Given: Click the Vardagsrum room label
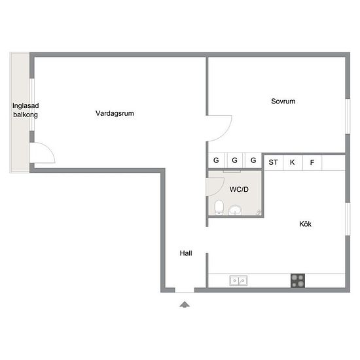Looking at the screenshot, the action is point(115,113).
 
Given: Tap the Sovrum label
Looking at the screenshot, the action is point(283,101).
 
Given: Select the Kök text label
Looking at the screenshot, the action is point(305,224).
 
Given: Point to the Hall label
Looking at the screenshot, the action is point(186,253).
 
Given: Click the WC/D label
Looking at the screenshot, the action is point(239,189).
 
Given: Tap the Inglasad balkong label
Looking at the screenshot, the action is point(26,110).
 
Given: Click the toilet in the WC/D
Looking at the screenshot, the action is point(219,207).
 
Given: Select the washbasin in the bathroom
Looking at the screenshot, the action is point(235,210).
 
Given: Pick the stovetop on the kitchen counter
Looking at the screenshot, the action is point(298,281).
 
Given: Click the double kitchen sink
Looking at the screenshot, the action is point(238,281).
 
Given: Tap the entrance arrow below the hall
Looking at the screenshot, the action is point(185,304).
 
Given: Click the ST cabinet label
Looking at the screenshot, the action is point(273,162).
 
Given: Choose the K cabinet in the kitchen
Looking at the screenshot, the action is point(293,162).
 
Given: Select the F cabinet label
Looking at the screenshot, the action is point(312,162).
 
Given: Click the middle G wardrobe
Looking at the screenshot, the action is point(234,160).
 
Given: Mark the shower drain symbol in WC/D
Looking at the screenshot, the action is point(259,212).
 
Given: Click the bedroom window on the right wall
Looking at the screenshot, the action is point(348,117).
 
